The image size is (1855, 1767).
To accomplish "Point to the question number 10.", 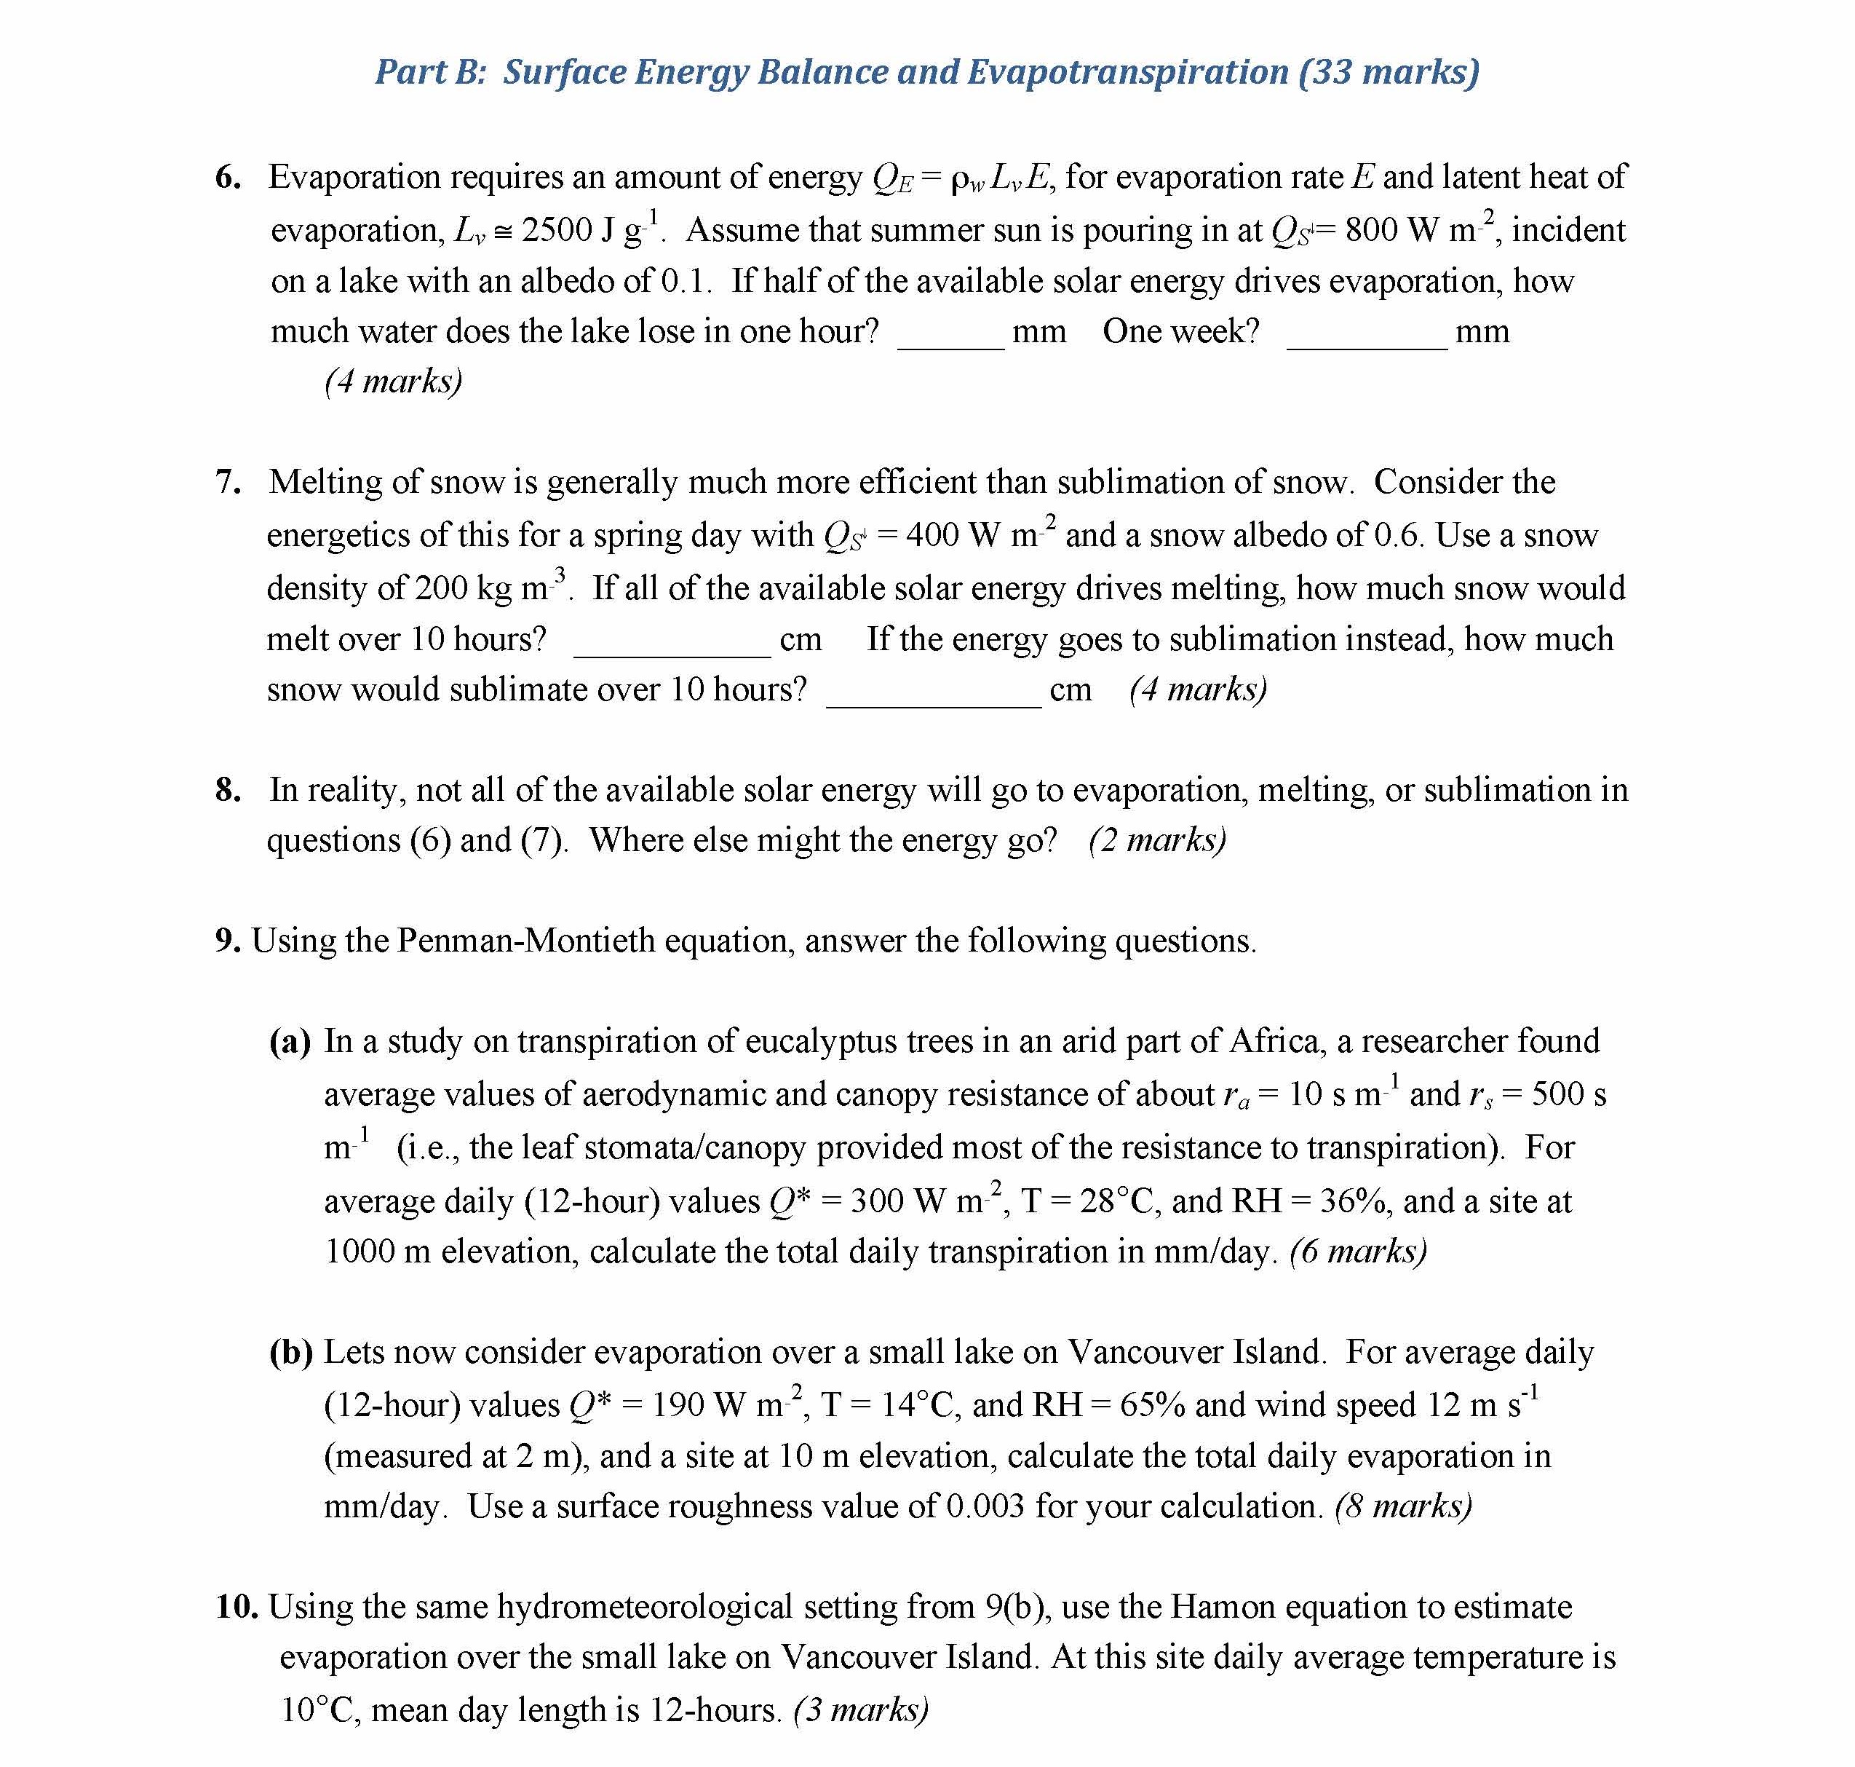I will pyautogui.click(x=237, y=1606).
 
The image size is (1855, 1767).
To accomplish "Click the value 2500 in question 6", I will pyautogui.click(x=557, y=230).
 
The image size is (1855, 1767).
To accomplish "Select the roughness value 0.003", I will pyautogui.click(x=985, y=1506).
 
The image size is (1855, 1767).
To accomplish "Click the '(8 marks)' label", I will pyautogui.click(x=1403, y=1506).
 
